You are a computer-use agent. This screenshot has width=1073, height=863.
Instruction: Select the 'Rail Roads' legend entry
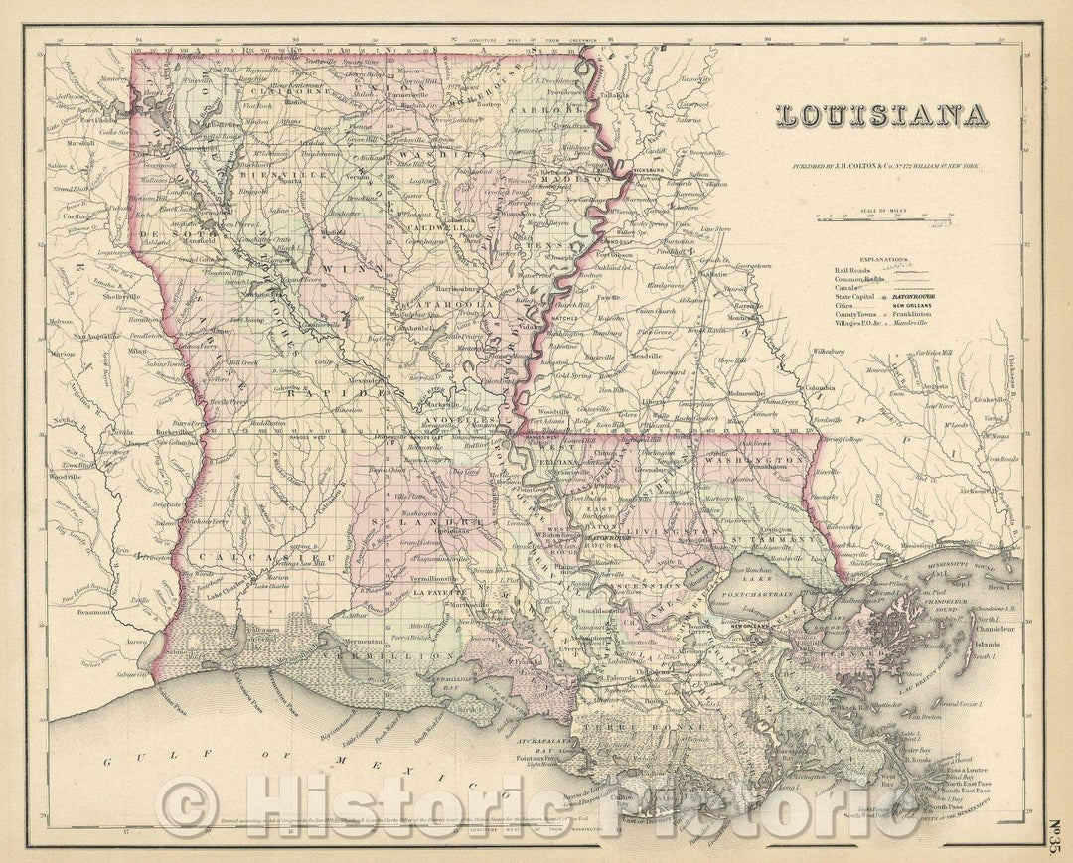pos(854,269)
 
